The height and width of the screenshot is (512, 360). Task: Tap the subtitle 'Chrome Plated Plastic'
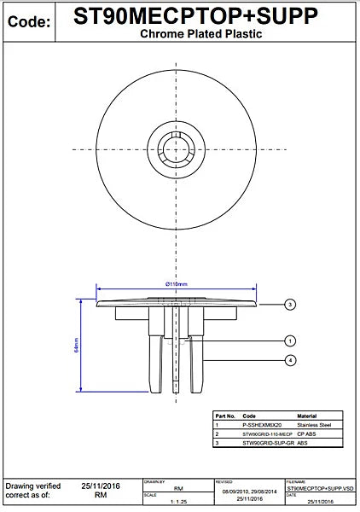click(200, 34)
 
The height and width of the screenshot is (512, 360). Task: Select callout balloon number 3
click(290, 304)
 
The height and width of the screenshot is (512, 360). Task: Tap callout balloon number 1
click(290, 340)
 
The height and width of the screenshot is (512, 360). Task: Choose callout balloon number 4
click(290, 361)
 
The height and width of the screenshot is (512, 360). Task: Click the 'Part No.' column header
click(224, 415)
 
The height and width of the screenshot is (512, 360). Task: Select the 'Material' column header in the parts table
click(308, 415)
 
